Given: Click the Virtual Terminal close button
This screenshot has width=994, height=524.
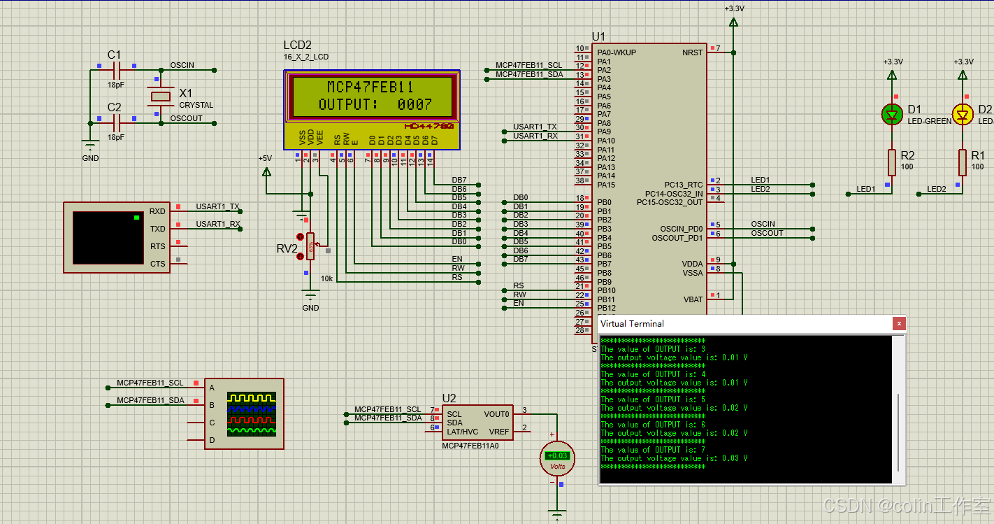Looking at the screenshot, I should click(899, 323).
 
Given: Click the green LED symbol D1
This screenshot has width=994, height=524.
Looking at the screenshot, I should click(891, 114).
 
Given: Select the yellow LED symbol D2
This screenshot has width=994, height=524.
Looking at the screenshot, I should click(963, 114).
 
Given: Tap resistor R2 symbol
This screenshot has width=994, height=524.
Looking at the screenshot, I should click(892, 162).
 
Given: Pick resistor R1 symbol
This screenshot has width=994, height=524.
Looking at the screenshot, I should click(963, 162).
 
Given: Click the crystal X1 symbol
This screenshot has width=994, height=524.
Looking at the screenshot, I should click(161, 96).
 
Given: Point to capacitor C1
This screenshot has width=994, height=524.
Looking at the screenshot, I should click(116, 70).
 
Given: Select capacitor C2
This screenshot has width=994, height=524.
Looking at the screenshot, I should click(116, 123).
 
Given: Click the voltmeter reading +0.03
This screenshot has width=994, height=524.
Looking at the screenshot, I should click(557, 456).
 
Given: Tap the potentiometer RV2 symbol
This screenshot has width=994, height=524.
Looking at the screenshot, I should click(310, 246).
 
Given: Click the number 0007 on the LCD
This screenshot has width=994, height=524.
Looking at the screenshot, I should click(415, 104).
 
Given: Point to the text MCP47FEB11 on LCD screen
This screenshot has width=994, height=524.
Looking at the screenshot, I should click(370, 87).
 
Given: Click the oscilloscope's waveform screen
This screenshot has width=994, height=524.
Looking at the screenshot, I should click(252, 413).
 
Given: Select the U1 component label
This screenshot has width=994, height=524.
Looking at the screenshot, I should click(598, 36).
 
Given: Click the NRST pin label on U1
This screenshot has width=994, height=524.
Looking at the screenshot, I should click(693, 52).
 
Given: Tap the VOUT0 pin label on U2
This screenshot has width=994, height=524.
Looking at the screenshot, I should click(496, 414).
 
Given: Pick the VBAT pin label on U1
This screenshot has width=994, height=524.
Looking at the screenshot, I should click(693, 299).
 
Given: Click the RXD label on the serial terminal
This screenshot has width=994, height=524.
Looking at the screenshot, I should click(157, 211).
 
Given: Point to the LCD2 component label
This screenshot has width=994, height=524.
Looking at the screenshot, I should click(297, 45).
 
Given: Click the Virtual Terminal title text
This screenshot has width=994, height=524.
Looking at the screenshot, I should click(632, 323).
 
